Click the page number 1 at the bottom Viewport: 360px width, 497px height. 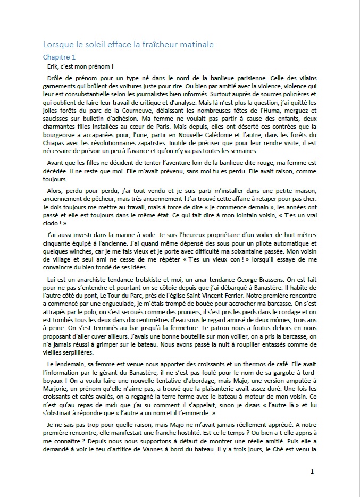[312, 471]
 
